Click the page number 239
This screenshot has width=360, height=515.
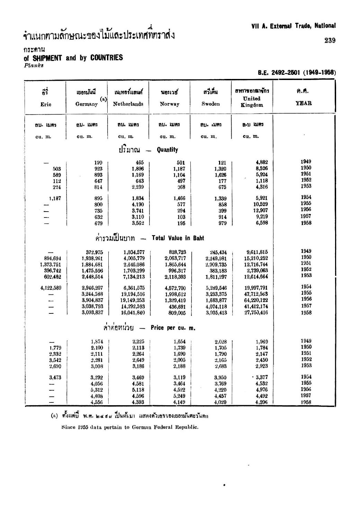(x=330, y=41)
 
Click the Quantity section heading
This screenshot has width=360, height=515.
(x=167, y=150)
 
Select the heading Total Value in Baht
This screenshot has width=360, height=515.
(x=178, y=238)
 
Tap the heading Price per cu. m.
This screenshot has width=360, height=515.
(x=173, y=328)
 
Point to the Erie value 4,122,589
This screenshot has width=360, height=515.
(x=51, y=288)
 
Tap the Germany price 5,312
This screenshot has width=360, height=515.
(x=97, y=390)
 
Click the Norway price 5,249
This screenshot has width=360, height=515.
(x=180, y=396)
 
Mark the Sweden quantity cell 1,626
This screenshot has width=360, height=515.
(x=220, y=175)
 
